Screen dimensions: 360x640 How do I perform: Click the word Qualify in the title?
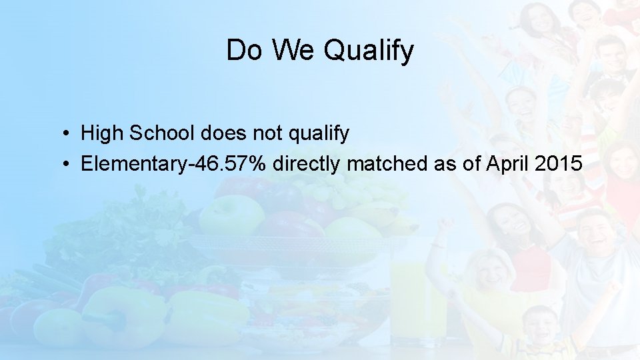(x=369, y=51)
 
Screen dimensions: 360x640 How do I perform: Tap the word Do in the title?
(x=244, y=50)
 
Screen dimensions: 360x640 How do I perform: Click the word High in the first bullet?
(x=102, y=134)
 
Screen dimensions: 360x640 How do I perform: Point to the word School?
(x=160, y=133)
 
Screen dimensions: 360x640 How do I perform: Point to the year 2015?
(x=559, y=163)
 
